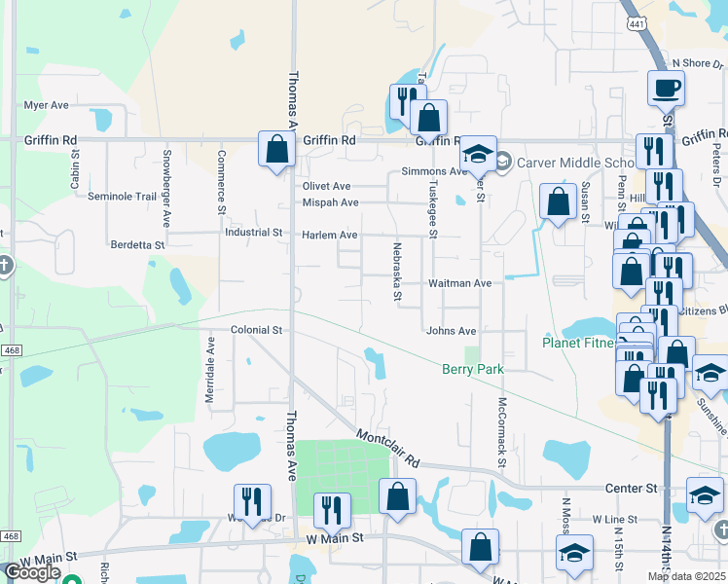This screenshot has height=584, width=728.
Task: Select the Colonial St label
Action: (x=256, y=330)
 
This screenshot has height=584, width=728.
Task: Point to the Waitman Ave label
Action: (x=460, y=283)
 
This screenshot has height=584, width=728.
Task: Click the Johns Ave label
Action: (x=451, y=331)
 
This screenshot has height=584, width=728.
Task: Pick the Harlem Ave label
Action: (x=330, y=236)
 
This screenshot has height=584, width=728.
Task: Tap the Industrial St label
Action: (x=252, y=234)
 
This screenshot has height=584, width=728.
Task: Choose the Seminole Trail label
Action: (x=122, y=196)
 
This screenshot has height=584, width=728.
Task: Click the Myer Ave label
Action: (x=46, y=105)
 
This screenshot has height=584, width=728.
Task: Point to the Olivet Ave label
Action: (x=326, y=186)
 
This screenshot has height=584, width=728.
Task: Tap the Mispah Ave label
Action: (x=330, y=202)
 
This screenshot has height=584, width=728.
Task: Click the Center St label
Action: (x=631, y=488)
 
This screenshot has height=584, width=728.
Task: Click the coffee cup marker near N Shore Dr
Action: (x=667, y=88)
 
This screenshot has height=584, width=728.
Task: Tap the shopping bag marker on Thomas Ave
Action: (x=277, y=148)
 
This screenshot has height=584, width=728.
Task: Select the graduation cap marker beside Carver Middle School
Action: (x=478, y=153)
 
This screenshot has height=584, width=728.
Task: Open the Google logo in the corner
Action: (x=32, y=572)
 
